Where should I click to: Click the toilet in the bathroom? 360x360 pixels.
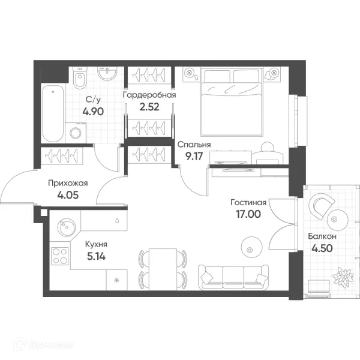coord(80,78)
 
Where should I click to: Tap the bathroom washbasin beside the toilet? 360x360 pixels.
coord(107,73)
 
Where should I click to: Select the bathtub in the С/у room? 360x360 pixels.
coord(53,113)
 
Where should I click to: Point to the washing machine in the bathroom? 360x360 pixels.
coord(76,133)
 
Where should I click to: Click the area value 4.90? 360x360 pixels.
coord(93,112)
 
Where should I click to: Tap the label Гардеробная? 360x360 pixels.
coord(149,95)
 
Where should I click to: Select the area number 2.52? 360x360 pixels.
coord(149,107)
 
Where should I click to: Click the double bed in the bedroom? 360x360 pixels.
coord(232,101)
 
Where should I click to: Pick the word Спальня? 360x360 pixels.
coord(194,145)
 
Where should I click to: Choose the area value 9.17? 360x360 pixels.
coord(194,157)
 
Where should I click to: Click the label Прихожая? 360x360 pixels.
coord(68,183)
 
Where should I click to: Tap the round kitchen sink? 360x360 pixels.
coord(66,227)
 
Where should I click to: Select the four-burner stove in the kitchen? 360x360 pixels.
coord(60,256)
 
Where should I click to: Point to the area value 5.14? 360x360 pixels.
coord(96,256)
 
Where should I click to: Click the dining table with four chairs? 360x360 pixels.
coord(163,269)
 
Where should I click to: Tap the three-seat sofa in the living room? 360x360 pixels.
coord(233,277)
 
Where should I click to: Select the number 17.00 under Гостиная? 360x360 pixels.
coord(248,214)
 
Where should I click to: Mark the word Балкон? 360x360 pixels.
coord(322,236)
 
